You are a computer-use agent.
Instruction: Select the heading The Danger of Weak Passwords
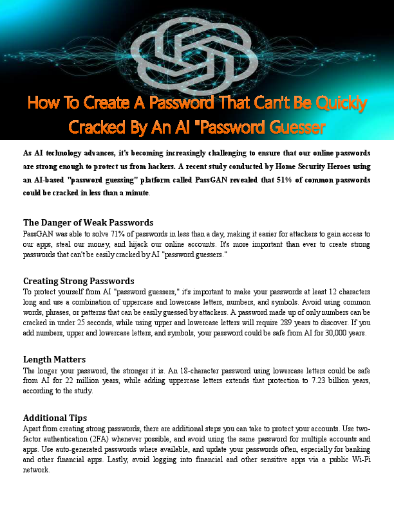(x=88, y=222)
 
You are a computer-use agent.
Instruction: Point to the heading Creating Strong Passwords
(x=79, y=281)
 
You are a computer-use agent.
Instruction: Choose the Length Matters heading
(x=54, y=359)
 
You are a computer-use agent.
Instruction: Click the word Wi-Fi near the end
(x=359, y=460)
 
